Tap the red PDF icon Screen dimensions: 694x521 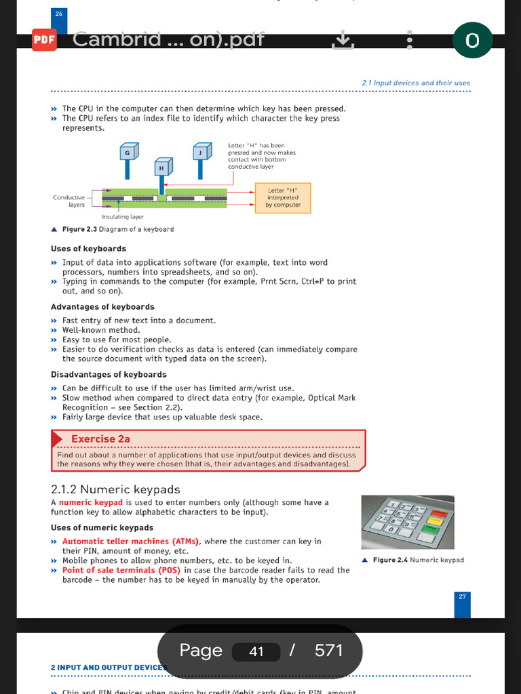pos(44,40)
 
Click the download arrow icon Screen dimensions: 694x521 pos(343,41)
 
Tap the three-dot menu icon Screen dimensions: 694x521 pos(409,40)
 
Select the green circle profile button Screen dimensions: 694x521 pos(472,41)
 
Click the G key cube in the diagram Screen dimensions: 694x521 pos(128,152)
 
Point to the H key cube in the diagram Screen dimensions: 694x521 pos(163,166)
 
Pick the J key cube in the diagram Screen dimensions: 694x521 pos(202,152)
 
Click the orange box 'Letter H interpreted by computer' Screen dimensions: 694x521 pos(282,198)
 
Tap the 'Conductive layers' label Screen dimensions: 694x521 pos(69,201)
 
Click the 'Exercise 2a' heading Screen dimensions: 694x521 pos(100,439)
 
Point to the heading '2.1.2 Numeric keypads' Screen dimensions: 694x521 pos(115,489)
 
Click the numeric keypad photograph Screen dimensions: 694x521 pos(407,522)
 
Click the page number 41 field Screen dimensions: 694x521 pos(256,652)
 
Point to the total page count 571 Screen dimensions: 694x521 pos(329,651)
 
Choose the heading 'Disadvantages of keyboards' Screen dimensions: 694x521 pos(109,374)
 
